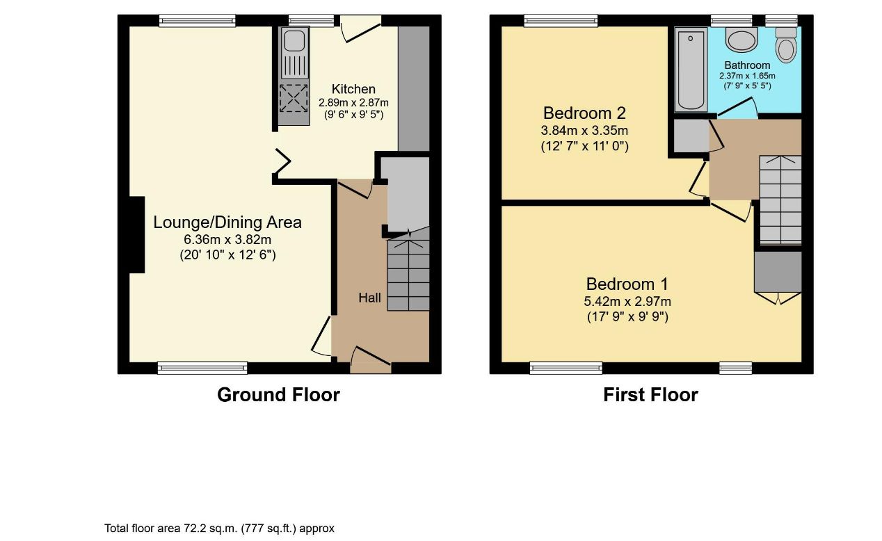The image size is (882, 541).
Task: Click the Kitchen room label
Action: (x=353, y=89)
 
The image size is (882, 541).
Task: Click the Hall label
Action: (x=369, y=298)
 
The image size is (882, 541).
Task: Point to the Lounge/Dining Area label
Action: (x=227, y=223)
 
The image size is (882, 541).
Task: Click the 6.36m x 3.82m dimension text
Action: (x=227, y=239)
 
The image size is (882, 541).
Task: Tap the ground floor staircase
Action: (x=408, y=275)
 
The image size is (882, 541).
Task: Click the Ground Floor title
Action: (x=278, y=395)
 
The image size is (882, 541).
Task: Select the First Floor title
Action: (x=650, y=395)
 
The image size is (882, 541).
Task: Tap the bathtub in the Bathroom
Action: (x=691, y=69)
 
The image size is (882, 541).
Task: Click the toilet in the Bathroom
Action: (x=786, y=45)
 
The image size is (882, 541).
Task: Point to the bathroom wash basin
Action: (x=741, y=39)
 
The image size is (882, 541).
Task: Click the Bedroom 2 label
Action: (x=584, y=113)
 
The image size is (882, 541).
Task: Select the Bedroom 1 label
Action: (x=627, y=284)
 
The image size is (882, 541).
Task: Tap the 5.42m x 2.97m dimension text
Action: (x=627, y=301)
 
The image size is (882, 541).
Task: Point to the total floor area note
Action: (x=220, y=528)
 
